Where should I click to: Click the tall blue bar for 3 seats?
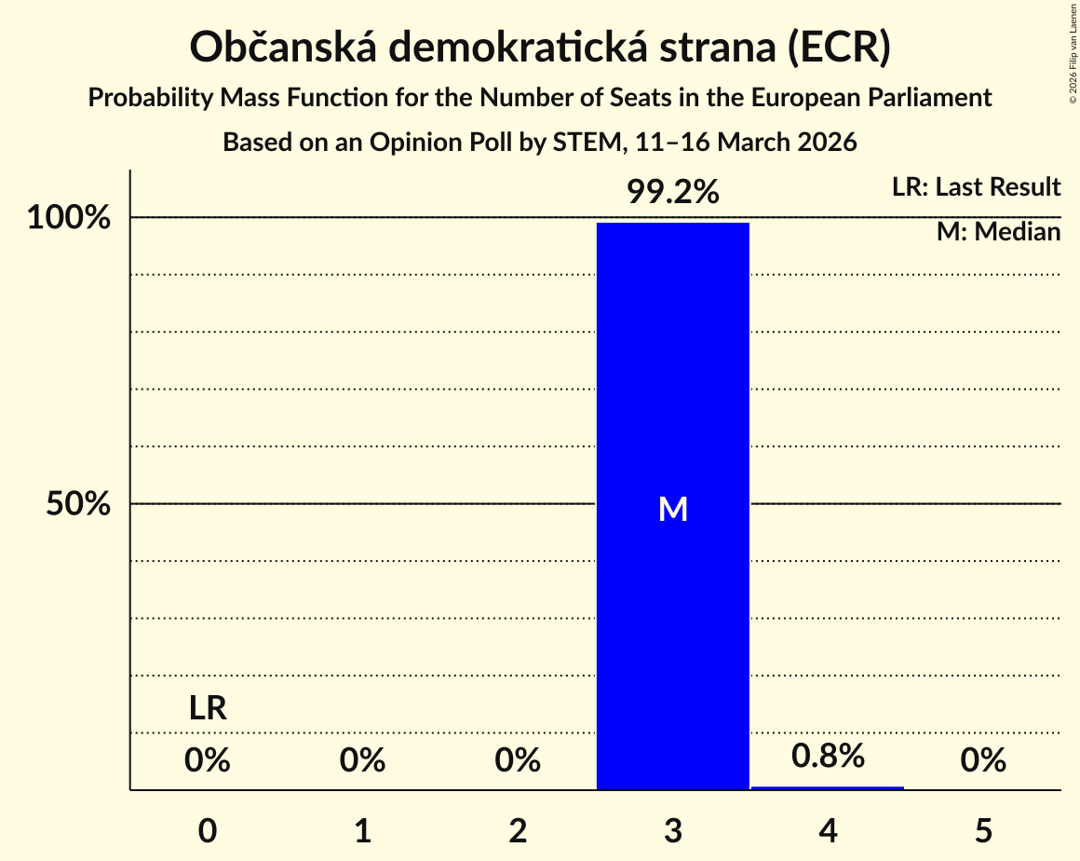coord(672,506)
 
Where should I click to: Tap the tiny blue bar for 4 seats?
coord(827,788)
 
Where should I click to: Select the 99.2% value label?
coord(672,192)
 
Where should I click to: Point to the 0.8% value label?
coord(827,756)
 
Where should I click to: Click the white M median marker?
coord(673,510)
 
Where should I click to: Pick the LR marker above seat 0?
coord(208,708)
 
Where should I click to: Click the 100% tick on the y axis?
coord(69,218)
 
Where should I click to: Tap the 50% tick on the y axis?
coord(78,504)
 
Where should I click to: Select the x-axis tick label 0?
coord(208,830)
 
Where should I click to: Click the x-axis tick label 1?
coord(362,830)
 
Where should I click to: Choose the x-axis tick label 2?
coord(518,830)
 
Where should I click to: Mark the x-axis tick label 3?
coord(673,830)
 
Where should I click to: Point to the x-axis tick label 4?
coord(828,830)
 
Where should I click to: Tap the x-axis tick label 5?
coord(983,830)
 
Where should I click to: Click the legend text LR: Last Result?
coord(976,186)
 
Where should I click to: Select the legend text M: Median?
coord(998,232)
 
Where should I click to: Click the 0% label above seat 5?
coord(983,760)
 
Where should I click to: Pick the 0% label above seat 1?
coord(362,760)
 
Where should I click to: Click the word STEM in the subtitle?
coord(587,142)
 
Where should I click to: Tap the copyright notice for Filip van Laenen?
coord(1073,53)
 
